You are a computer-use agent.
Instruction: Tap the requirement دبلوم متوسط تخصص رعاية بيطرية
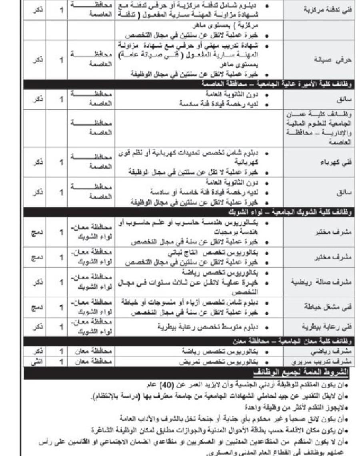[x=212, y=327]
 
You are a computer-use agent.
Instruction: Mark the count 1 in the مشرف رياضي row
[x=62, y=352]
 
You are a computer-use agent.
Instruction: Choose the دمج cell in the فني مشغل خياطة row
[x=37, y=307]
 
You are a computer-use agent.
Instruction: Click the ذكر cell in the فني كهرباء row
[x=37, y=163]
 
